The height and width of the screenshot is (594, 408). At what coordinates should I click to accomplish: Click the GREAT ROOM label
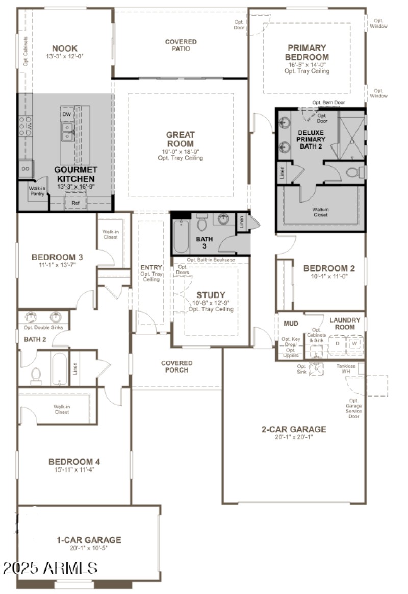(181, 139)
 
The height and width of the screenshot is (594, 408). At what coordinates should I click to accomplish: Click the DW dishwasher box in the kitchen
(67, 114)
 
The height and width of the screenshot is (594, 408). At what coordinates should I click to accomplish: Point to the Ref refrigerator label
(75, 203)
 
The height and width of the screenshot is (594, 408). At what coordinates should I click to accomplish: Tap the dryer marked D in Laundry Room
(337, 343)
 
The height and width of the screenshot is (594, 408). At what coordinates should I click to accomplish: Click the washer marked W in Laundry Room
(354, 343)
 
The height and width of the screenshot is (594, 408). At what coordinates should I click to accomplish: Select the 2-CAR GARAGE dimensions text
(294, 437)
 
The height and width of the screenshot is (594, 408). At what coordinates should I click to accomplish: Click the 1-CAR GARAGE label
(89, 539)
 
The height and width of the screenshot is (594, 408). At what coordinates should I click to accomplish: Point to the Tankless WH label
(349, 369)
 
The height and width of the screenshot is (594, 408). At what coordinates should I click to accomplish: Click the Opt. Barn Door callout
(328, 103)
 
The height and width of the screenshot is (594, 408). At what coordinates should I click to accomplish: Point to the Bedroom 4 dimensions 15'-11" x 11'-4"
(74, 469)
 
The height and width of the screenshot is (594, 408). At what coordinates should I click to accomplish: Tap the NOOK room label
(65, 48)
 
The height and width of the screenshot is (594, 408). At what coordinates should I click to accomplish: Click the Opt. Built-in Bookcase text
(211, 260)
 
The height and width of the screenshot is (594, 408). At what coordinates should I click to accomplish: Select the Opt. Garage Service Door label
(353, 409)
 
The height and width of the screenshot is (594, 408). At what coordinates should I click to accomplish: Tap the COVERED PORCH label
(177, 366)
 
